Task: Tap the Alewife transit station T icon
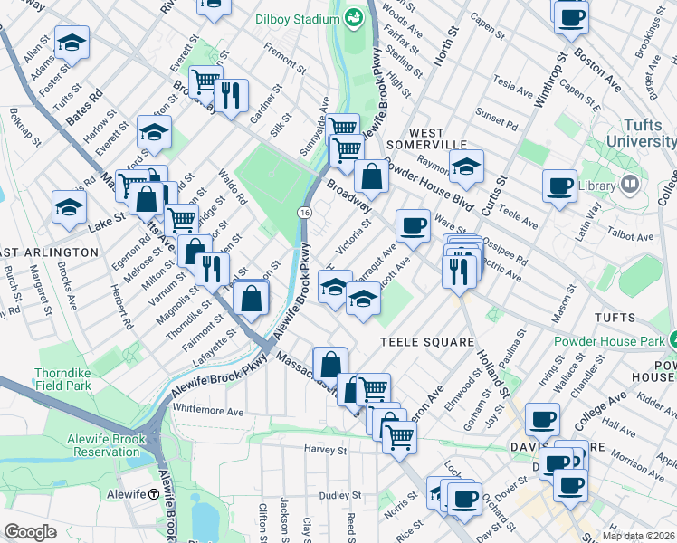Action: click(154, 495)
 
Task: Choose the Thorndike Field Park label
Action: click(62, 378)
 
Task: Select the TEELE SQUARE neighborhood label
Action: click(427, 342)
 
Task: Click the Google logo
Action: click(30, 532)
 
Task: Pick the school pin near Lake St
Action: click(70, 205)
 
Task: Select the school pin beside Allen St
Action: click(72, 42)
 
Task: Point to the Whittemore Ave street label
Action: click(208, 411)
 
